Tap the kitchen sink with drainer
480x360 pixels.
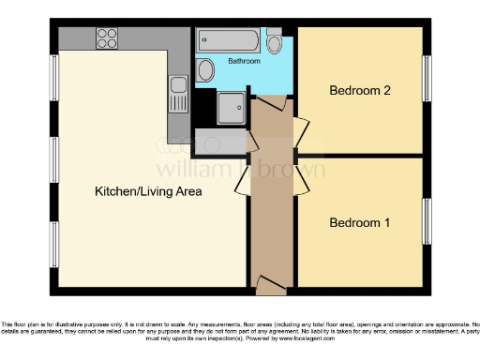pyautogui.click(x=178, y=93)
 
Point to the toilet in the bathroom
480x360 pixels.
pyautogui.click(x=274, y=42)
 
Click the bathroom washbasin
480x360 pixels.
pyautogui.click(x=205, y=69)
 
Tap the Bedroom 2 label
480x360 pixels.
pyautogui.click(x=359, y=91)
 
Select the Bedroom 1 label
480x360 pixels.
pyautogui.click(x=359, y=223)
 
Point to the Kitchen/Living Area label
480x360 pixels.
pyautogui.click(x=148, y=191)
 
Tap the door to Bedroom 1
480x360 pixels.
pyautogui.click(x=299, y=177)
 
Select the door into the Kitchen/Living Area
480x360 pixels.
pyautogui.click(x=241, y=179)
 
